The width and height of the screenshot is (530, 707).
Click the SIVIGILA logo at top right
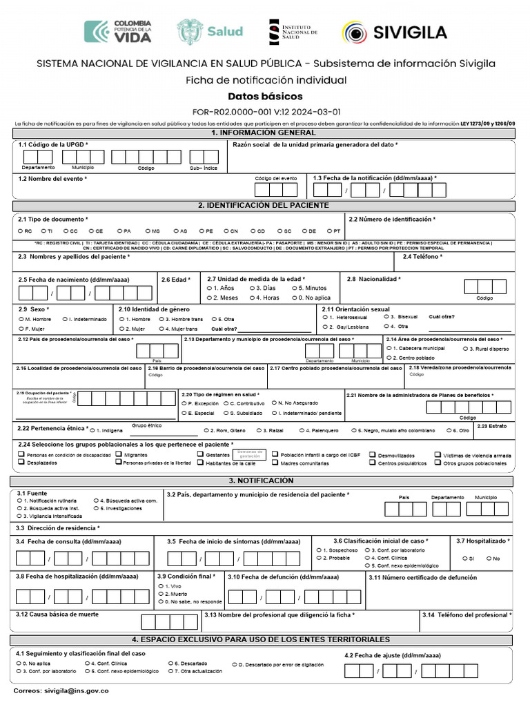pyautogui.click(x=394, y=32)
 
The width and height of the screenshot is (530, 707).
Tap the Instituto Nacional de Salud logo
pyautogui.click(x=293, y=32)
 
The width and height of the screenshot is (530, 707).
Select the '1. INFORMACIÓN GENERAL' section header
pyautogui.click(x=264, y=133)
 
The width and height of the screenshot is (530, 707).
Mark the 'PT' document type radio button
pyautogui.click(x=328, y=231)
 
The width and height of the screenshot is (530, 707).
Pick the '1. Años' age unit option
pyautogui.click(x=209, y=287)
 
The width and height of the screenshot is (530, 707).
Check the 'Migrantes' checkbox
pyautogui.click(x=119, y=455)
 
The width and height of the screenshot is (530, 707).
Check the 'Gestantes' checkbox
pyautogui.click(x=201, y=455)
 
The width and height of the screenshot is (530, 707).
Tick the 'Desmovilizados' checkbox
pyautogui.click(x=373, y=455)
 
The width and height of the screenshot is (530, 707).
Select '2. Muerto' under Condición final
pyautogui.click(x=160, y=593)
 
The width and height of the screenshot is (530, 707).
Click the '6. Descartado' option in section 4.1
pyautogui.click(x=169, y=664)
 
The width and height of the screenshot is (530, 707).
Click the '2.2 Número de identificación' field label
pyautogui.click(x=392, y=219)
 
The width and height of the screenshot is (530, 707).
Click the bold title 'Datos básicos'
pyautogui.click(x=265, y=97)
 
